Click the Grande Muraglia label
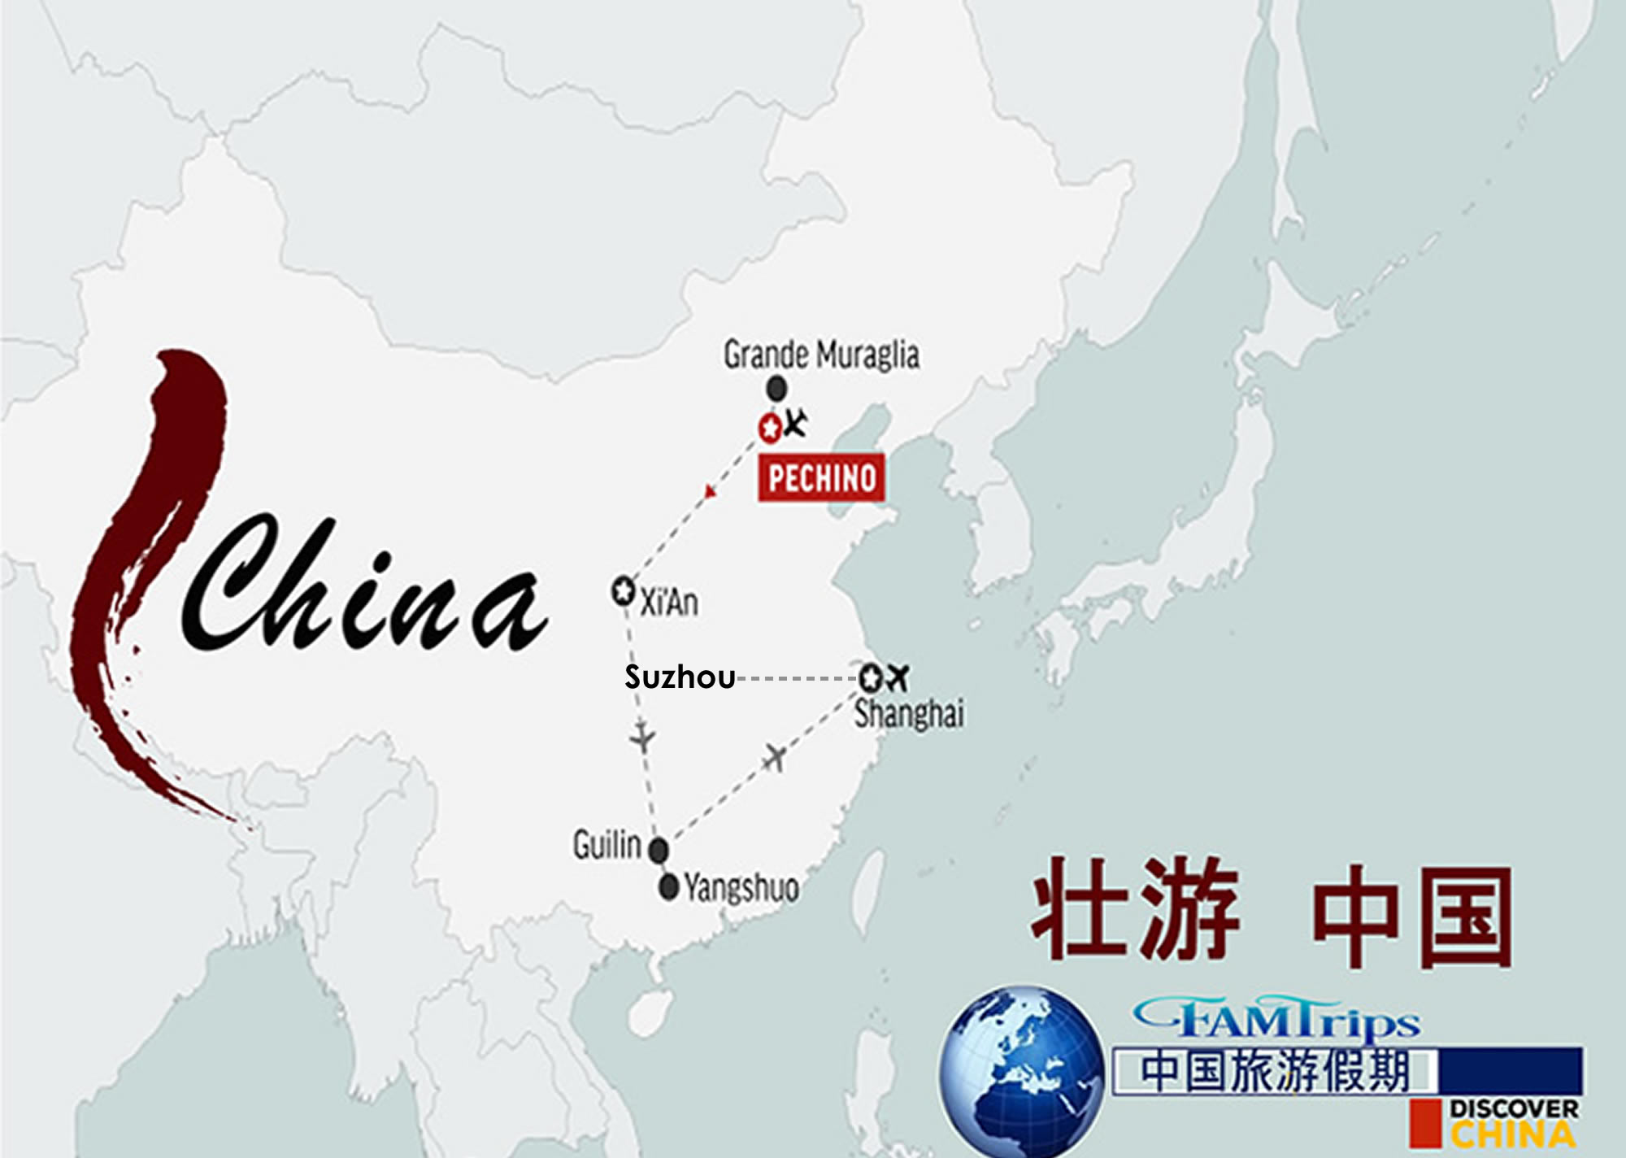(x=821, y=355)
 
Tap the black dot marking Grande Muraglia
(x=777, y=389)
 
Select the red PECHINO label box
(x=822, y=478)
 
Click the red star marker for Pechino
(x=769, y=427)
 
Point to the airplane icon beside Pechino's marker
(x=795, y=423)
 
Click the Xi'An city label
(x=669, y=603)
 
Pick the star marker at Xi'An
(x=623, y=591)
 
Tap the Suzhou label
(x=680, y=677)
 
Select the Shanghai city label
(x=909, y=715)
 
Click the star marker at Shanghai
(x=870, y=677)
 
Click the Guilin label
(x=606, y=845)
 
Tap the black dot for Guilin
(x=659, y=851)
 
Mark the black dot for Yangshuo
(x=669, y=886)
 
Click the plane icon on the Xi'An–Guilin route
(x=643, y=738)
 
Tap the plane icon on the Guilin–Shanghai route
(x=775, y=757)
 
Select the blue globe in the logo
(x=1021, y=1071)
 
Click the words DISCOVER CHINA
(x=1512, y=1122)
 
